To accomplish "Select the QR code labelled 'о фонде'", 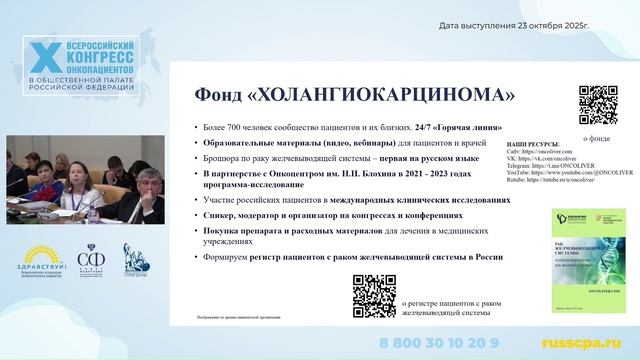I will click(x=598, y=105).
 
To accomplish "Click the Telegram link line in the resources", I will click(x=554, y=168).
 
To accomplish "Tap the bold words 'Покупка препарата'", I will click(x=248, y=229).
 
